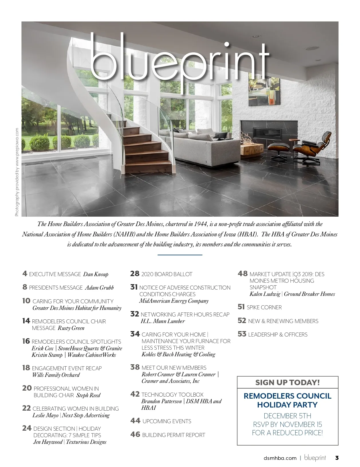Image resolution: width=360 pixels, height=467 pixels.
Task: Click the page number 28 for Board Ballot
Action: point(135,274)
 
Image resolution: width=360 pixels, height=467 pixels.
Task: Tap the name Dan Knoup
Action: point(96,274)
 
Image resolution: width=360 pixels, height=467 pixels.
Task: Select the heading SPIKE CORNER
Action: point(264,307)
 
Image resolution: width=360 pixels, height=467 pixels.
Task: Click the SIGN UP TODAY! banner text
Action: point(288,383)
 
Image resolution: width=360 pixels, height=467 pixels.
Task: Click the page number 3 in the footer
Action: point(337,458)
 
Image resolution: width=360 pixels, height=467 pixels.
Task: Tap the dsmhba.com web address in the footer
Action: point(280,458)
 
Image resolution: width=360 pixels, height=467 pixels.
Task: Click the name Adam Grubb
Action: point(99,288)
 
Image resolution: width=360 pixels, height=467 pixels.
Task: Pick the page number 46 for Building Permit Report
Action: point(135,434)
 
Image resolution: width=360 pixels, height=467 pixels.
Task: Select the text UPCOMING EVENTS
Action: point(167,421)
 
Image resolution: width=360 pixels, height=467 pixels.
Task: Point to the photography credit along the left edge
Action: point(17,172)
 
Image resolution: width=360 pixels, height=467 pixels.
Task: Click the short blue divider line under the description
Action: point(180,254)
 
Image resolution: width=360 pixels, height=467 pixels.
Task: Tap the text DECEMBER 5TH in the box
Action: point(287,416)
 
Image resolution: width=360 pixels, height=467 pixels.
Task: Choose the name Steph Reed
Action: point(88,395)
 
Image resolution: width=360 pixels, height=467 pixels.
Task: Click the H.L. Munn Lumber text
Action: point(163,321)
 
